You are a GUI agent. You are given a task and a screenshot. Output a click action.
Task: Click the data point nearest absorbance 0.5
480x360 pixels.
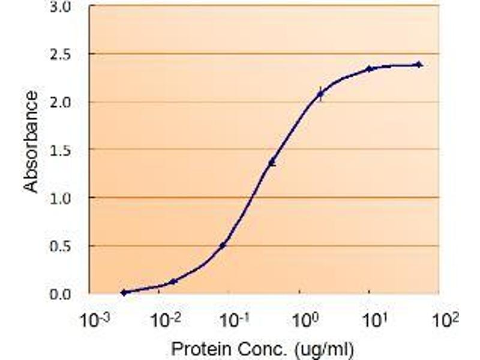pyautogui.click(x=223, y=245)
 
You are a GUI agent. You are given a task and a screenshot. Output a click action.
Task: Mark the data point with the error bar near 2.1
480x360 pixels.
pyautogui.click(x=320, y=94)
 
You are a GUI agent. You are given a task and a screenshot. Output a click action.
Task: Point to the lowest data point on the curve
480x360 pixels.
pyautogui.click(x=124, y=293)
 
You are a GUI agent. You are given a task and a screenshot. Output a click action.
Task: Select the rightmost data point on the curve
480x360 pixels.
pyautogui.click(x=419, y=64)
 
